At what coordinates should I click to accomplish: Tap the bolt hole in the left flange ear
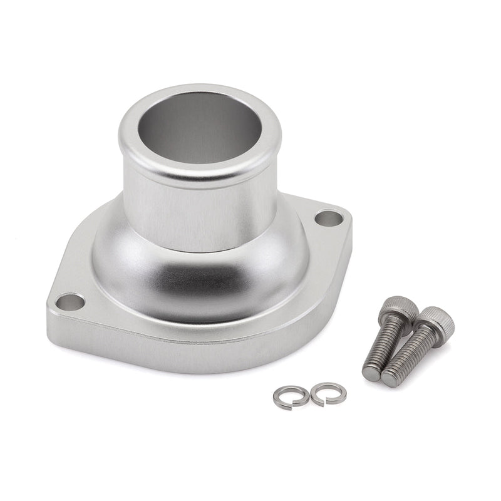(70, 302)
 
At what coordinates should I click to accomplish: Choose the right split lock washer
(328, 393)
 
